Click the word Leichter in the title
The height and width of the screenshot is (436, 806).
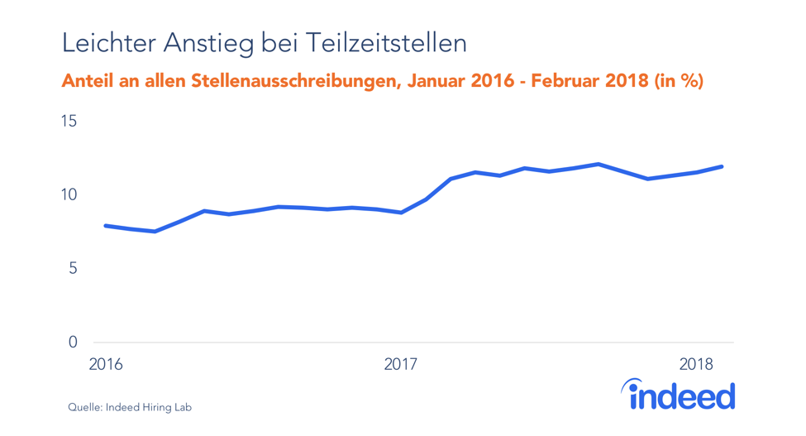(110, 42)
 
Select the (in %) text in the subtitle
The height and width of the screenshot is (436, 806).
(679, 81)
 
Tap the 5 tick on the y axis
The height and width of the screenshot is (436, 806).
(73, 269)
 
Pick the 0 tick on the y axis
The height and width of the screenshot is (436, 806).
(73, 343)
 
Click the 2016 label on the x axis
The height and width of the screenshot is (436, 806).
(105, 364)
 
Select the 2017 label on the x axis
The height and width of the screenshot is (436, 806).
(401, 364)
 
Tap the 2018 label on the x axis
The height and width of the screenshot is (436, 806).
(696, 364)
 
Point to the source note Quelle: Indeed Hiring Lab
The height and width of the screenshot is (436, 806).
(130, 407)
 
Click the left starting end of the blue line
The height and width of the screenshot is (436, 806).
(106, 226)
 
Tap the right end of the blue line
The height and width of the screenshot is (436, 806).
(722, 166)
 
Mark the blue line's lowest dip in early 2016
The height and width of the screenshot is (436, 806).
(155, 232)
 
